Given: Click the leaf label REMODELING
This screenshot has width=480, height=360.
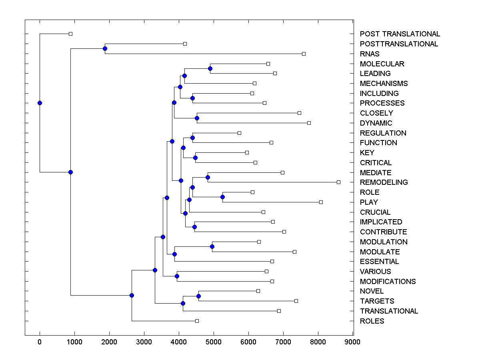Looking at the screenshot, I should click(384, 182).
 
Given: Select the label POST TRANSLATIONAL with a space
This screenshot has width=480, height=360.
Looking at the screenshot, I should click(400, 34).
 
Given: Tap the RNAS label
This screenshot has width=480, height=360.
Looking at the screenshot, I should click(370, 54).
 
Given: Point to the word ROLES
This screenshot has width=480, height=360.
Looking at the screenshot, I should click(372, 321).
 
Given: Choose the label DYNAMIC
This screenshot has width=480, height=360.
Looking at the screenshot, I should click(376, 123).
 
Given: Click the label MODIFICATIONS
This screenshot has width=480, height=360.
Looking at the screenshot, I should click(388, 282).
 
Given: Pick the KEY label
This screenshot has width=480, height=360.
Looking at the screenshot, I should click(367, 153).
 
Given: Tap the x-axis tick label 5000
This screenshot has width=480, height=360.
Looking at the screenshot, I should click(214, 342).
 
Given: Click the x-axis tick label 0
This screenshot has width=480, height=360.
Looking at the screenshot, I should click(40, 342).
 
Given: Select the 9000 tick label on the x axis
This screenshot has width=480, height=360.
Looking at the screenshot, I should click(352, 342).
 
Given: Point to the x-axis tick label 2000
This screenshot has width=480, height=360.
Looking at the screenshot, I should click(109, 342).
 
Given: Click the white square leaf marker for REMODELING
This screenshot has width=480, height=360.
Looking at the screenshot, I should click(338, 182).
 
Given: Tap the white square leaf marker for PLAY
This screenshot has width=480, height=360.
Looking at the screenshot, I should click(321, 202).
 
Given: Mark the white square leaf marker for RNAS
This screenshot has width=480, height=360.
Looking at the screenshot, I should click(304, 54).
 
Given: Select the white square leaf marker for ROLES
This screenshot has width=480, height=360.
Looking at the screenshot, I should click(197, 321).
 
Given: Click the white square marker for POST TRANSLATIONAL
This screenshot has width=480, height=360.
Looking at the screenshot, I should click(70, 34).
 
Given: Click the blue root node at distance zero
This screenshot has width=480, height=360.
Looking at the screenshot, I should click(40, 103).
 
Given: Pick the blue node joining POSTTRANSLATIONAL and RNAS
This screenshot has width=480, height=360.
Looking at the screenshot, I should click(105, 48).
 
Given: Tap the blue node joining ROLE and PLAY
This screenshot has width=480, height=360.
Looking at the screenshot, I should click(222, 197).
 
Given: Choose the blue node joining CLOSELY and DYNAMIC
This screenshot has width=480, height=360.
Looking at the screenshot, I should click(197, 118).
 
